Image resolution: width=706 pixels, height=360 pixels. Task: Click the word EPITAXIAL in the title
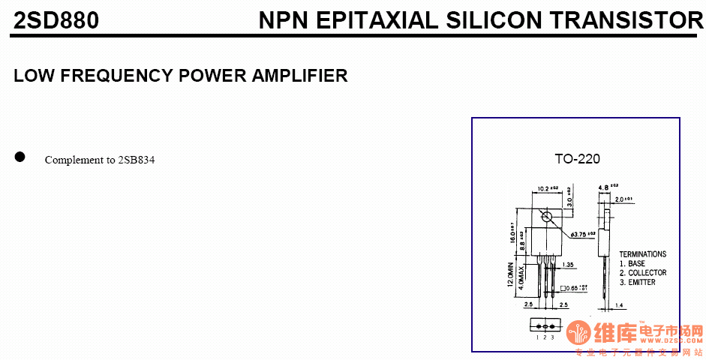tap(377, 21)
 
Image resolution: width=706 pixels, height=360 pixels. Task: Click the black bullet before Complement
tap(20, 157)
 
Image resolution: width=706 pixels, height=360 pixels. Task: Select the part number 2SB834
tap(137, 160)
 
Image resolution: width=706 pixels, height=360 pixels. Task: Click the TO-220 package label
tap(577, 159)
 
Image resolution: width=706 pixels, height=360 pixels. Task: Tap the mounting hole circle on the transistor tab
tap(546, 217)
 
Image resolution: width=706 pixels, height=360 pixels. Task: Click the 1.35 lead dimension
tap(567, 265)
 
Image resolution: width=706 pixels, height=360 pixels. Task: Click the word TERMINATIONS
tap(642, 254)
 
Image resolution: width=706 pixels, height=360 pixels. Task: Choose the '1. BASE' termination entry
tap(632, 264)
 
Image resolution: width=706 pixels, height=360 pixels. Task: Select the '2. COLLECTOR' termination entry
tap(642, 273)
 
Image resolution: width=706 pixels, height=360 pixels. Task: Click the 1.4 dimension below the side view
tap(619, 306)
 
